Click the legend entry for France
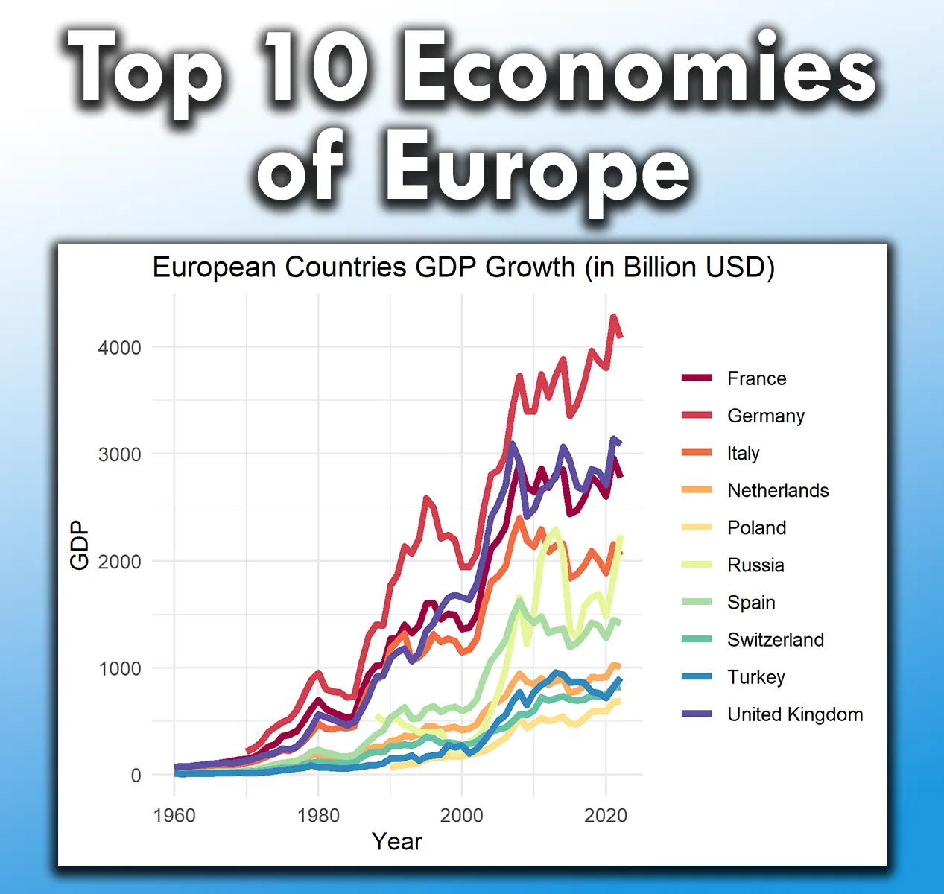coord(756,378)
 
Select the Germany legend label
coord(766,416)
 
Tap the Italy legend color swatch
coord(697,453)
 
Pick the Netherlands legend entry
coord(778,490)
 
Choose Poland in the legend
coord(756,527)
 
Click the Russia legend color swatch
coord(697,565)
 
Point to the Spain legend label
coord(751,602)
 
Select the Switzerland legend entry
coord(776,639)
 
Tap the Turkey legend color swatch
coord(697,676)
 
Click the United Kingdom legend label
coord(795,714)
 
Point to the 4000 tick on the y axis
coord(119,348)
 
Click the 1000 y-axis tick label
coord(119,669)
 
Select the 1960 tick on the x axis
coord(174,815)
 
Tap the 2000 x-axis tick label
coord(461,815)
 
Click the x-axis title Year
coord(396,841)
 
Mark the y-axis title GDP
coord(79,545)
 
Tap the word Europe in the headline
coord(536,168)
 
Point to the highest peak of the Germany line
coord(613,317)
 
